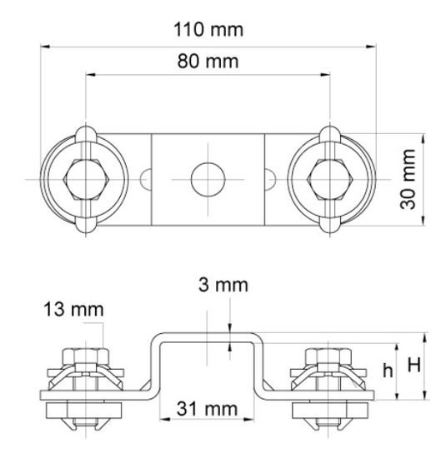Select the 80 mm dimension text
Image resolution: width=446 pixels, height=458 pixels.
tap(208, 62)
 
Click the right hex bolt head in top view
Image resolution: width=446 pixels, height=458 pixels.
tap(331, 178)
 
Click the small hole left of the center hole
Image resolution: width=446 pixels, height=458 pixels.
tap(148, 178)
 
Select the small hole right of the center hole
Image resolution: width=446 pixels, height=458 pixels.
tap(268, 178)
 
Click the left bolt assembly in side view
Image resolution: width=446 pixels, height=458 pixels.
tap(85, 388)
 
